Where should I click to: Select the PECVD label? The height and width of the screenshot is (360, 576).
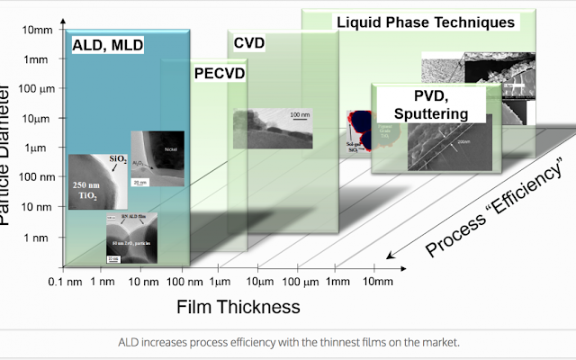[x=220, y=74]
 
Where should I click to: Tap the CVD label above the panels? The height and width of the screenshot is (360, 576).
[x=249, y=42]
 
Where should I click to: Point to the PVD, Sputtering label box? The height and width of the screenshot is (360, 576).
[x=430, y=104]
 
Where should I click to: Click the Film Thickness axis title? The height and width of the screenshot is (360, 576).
[x=237, y=307]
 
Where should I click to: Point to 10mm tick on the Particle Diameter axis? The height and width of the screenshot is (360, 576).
[x=38, y=30]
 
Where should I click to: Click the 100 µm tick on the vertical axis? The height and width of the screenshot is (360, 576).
[x=37, y=89]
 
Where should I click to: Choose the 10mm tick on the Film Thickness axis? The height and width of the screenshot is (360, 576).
[x=377, y=282]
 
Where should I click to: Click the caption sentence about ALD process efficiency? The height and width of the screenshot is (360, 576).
[x=288, y=342]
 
